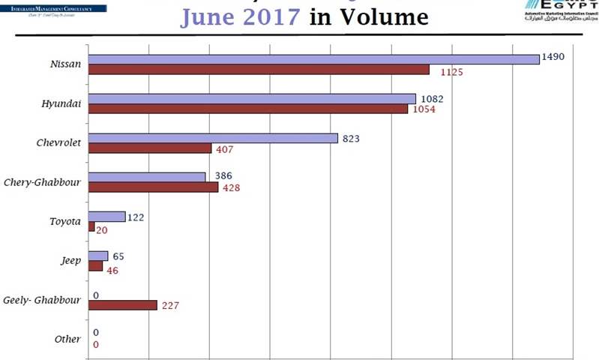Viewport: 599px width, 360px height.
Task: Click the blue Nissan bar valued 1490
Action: click(x=313, y=59)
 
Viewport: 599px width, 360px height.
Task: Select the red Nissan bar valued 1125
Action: click(x=259, y=70)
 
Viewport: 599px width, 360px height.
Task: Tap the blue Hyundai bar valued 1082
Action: click(x=252, y=98)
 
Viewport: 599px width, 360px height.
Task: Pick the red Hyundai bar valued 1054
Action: click(x=248, y=109)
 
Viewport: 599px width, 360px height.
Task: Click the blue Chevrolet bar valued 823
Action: click(x=213, y=138)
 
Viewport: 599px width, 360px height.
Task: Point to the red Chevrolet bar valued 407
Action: click(x=150, y=148)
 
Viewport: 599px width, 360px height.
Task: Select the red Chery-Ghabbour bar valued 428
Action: click(x=153, y=187)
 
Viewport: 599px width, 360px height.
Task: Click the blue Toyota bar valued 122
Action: click(x=106, y=217)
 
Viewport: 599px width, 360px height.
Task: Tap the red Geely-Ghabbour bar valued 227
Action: click(x=122, y=305)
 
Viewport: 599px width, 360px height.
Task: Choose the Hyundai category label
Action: click(x=61, y=103)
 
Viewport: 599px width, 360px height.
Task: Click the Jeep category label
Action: click(x=70, y=261)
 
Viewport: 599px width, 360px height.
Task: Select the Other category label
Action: click(x=67, y=339)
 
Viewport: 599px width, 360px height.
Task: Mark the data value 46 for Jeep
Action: click(x=112, y=270)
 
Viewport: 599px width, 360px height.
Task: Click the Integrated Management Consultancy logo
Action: click(x=52, y=10)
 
